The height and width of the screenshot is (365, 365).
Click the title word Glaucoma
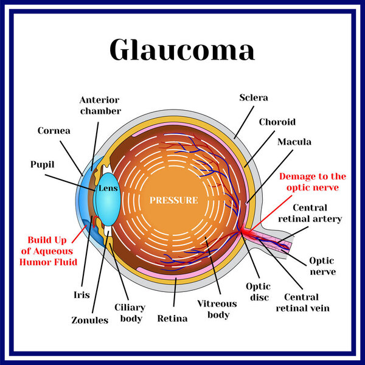point(182,50)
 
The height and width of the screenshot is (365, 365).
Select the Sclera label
point(254,97)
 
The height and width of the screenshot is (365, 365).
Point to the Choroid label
point(277,122)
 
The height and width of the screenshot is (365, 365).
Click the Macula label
point(294,142)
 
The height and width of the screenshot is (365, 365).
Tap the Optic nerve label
point(322,266)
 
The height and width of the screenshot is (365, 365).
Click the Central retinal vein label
point(307,302)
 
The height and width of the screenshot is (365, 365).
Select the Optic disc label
point(258,291)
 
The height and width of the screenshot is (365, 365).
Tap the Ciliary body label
point(128,313)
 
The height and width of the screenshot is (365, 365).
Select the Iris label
point(80,294)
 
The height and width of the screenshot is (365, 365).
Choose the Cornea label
point(54,130)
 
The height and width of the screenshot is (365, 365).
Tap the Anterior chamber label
point(100,105)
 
